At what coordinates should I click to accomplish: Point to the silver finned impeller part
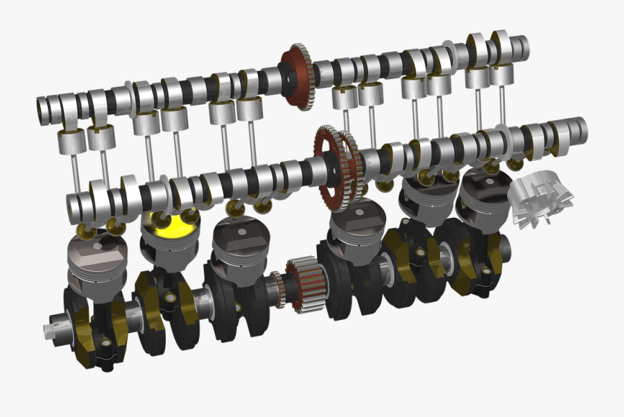[542, 200]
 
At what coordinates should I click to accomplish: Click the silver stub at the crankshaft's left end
[54, 328]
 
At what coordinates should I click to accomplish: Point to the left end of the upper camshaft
[44, 108]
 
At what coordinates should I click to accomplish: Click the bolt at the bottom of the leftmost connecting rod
[105, 344]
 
